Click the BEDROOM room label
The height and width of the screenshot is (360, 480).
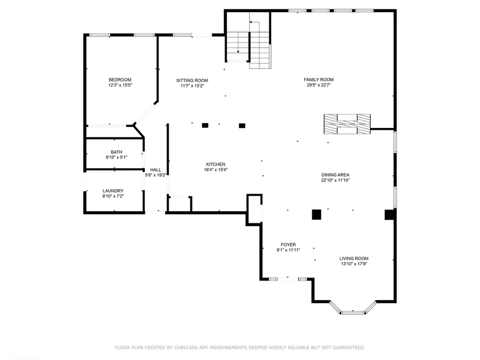tap(120, 80)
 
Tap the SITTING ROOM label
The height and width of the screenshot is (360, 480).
tap(192, 80)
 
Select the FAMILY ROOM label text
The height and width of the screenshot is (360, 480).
tap(319, 80)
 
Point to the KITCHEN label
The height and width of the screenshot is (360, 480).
tap(216, 165)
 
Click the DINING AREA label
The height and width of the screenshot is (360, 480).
tap(335, 175)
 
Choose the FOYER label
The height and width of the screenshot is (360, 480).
tap(289, 245)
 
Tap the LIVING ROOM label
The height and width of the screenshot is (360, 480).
tap(354, 258)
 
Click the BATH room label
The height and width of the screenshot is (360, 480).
tap(116, 152)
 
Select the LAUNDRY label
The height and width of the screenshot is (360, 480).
tap(113, 191)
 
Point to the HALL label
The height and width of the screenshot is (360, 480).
tap(155, 170)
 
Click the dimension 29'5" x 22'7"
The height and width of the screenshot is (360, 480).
tap(319, 85)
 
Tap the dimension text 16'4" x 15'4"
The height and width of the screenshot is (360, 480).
tap(216, 170)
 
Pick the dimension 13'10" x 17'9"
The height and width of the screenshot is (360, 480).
tap(354, 264)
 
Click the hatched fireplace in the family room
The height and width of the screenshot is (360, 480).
tap(347, 124)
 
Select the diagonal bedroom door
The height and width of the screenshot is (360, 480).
tap(145, 113)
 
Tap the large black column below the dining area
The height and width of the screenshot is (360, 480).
tap(317, 215)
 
